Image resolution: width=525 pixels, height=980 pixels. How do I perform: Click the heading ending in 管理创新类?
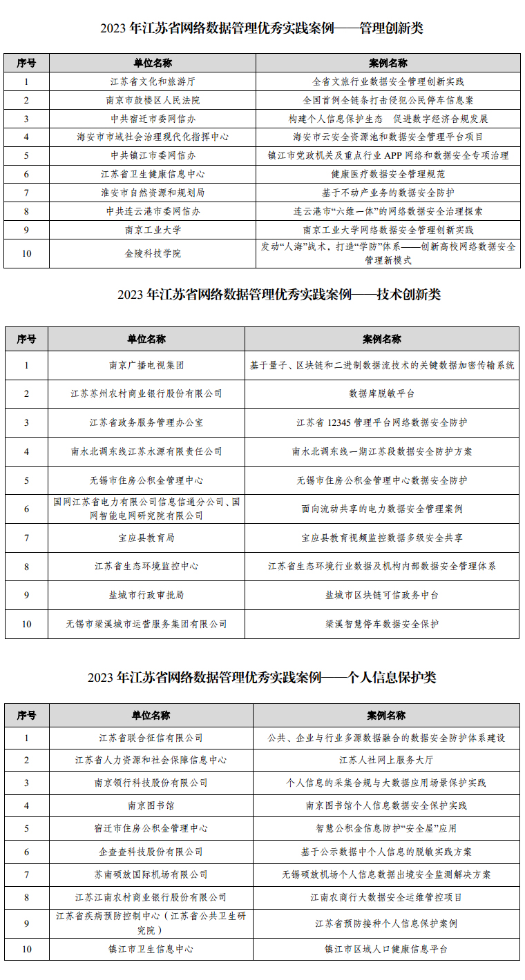(262, 28)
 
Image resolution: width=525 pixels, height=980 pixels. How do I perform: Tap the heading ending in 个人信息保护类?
(262, 677)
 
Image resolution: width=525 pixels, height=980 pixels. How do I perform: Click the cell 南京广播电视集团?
(146, 365)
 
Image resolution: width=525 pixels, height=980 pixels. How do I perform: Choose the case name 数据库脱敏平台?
(381, 393)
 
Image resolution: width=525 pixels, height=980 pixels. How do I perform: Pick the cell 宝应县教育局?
(146, 537)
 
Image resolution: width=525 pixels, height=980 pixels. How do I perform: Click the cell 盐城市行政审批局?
(146, 594)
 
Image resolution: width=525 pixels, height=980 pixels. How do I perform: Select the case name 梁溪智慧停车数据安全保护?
(381, 623)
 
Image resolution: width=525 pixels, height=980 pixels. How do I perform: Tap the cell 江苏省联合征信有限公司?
(151, 738)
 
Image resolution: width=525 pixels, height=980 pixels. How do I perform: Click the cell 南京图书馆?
(151, 805)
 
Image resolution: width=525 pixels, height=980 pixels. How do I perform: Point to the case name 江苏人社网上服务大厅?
(386, 760)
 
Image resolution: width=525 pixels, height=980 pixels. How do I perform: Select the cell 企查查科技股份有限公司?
(151, 852)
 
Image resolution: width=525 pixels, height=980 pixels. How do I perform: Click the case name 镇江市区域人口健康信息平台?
(386, 949)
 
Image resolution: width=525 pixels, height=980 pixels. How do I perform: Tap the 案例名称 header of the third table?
(386, 715)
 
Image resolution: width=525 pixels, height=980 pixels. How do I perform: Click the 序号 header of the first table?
(26, 63)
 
